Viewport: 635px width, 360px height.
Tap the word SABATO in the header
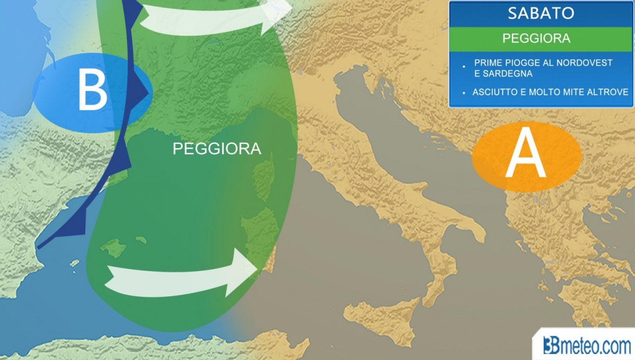pyautogui.click(x=541, y=13)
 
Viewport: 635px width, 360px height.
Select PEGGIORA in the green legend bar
pyautogui.click(x=536, y=38)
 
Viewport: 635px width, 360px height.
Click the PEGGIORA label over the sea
pyautogui.click(x=217, y=148)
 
